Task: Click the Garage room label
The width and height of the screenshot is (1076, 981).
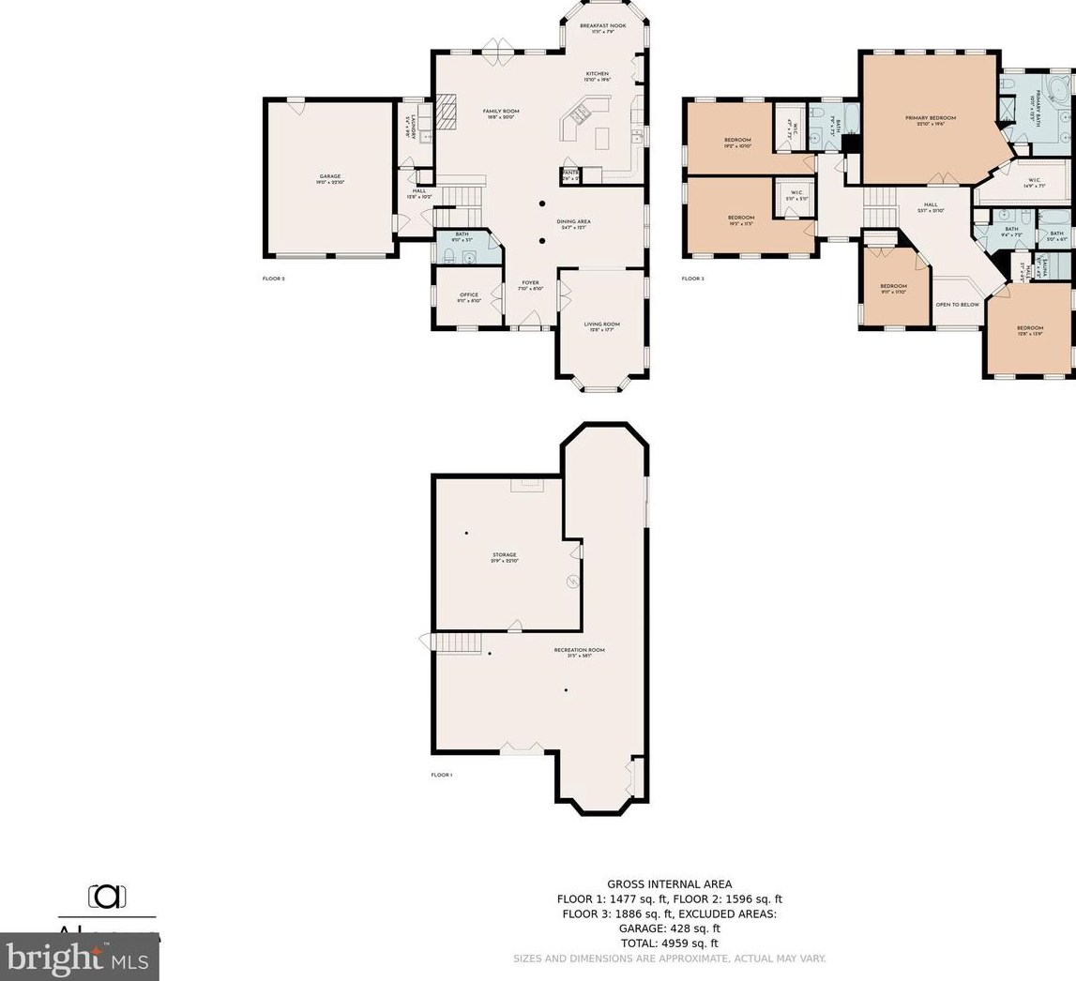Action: (x=329, y=176)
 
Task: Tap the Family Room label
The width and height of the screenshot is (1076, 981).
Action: (x=501, y=112)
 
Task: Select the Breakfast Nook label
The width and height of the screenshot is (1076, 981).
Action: (x=602, y=26)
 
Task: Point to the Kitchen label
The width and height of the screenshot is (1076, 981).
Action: (x=598, y=74)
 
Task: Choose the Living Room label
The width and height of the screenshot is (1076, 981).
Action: (x=601, y=324)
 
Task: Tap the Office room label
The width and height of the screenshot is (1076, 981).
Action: (x=468, y=295)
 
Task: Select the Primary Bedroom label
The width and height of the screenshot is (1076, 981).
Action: (x=930, y=118)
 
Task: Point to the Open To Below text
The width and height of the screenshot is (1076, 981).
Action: (x=957, y=305)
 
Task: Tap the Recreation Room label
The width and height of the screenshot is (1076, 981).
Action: (x=579, y=651)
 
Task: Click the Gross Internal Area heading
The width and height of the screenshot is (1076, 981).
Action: (x=669, y=883)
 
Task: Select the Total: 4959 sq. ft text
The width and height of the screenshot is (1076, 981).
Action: (x=669, y=943)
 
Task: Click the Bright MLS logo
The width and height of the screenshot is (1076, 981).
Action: (x=79, y=958)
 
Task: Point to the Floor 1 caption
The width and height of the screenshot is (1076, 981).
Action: (x=441, y=776)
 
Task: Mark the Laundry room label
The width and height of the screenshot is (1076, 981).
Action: (x=410, y=128)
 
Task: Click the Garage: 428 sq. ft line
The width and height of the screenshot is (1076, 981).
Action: (x=669, y=928)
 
